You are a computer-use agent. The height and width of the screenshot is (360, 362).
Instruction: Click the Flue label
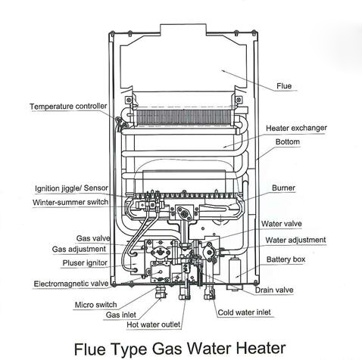tap(284, 86)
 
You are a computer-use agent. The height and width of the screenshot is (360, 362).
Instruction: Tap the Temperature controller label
tap(68, 106)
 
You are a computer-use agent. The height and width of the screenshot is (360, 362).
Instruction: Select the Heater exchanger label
tap(296, 128)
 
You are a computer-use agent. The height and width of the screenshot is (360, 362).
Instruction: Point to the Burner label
tap(283, 188)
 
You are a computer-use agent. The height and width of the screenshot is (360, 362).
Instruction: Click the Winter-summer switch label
tap(70, 202)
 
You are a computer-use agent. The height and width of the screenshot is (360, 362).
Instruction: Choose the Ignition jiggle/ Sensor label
tap(71, 188)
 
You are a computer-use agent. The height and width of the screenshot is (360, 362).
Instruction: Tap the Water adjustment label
tap(295, 240)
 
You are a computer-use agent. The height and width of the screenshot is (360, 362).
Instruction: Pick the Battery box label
tap(286, 259)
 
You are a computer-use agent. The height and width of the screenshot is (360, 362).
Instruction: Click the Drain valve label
tap(274, 290)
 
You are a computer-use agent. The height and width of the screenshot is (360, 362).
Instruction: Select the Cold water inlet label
tap(244, 312)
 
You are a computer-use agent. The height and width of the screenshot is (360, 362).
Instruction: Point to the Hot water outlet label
tap(154, 324)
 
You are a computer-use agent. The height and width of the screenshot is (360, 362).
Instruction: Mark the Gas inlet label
tap(120, 315)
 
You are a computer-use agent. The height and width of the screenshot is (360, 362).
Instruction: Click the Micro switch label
tap(95, 305)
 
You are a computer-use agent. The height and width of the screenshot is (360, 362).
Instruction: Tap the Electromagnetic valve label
tap(71, 284)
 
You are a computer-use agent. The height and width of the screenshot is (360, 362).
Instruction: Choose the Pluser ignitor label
tap(85, 263)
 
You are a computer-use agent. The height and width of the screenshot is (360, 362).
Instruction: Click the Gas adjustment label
tap(79, 249)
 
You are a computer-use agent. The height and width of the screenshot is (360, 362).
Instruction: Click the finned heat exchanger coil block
tap(183, 117)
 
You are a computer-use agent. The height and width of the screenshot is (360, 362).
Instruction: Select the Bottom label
tap(288, 142)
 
